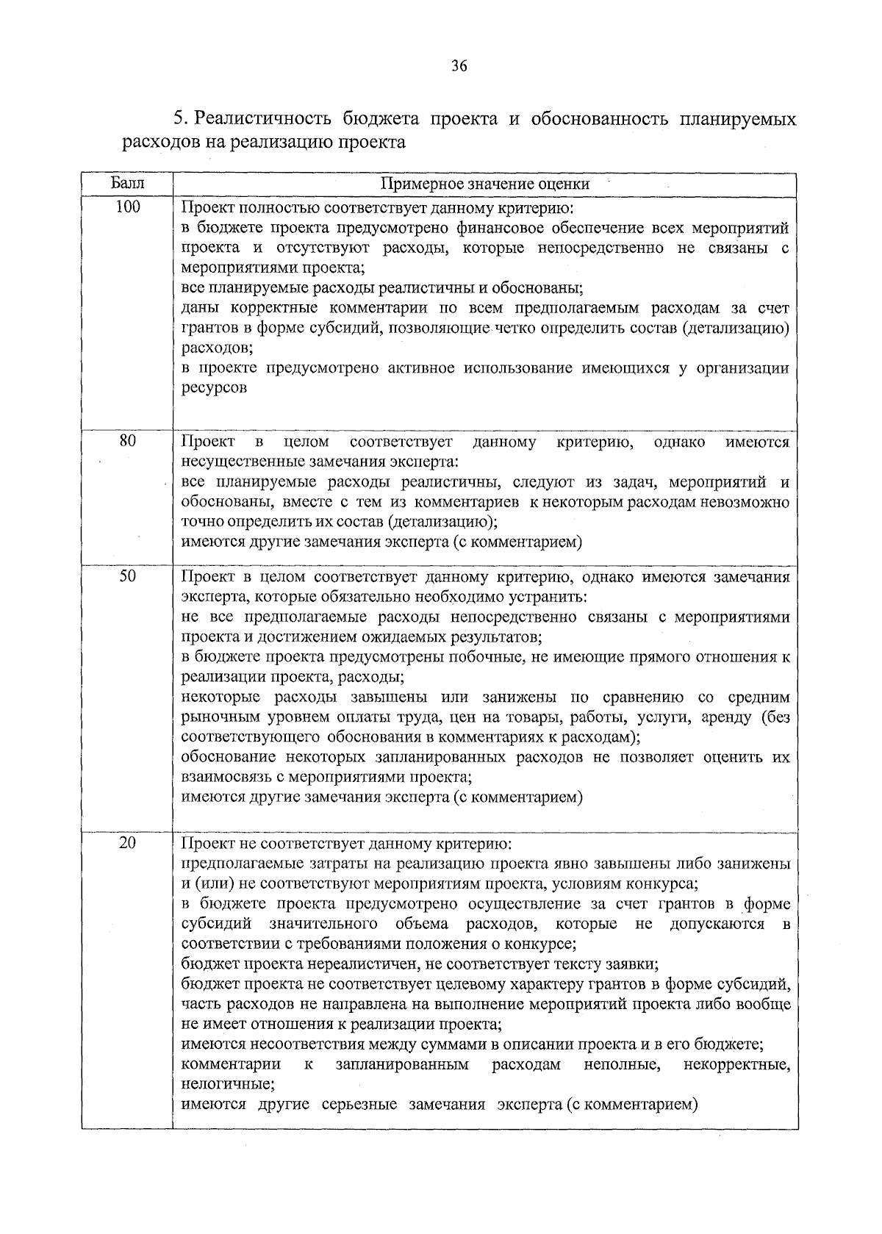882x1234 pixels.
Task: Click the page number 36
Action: coord(459,66)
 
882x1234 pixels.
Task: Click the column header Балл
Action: coord(127,184)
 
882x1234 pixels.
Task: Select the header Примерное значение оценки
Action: coord(484,184)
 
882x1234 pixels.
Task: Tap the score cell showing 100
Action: coord(127,208)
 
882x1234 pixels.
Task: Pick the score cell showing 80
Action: coord(127,442)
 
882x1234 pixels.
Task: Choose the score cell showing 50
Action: coord(127,577)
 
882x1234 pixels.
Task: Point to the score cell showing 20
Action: coord(127,844)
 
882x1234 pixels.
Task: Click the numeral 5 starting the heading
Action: coord(177,118)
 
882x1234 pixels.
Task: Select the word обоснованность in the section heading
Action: coord(600,118)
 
